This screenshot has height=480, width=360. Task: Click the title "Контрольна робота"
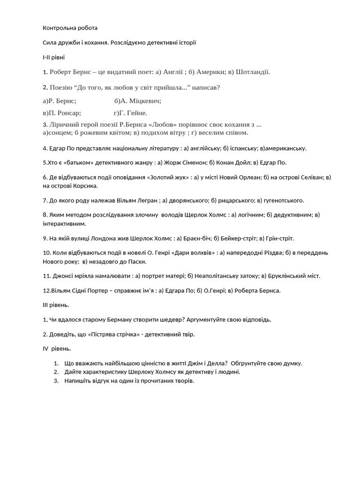(70, 28)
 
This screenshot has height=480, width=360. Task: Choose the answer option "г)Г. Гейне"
(130, 112)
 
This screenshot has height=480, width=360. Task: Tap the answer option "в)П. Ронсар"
(62, 112)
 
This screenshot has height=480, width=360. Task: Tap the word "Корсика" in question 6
(86, 186)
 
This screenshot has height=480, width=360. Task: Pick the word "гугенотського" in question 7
(283, 201)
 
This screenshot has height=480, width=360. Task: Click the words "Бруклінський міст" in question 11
(293, 276)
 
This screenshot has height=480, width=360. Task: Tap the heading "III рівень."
(56, 305)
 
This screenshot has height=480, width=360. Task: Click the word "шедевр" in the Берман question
(173, 320)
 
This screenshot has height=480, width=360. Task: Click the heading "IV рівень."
(57, 349)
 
